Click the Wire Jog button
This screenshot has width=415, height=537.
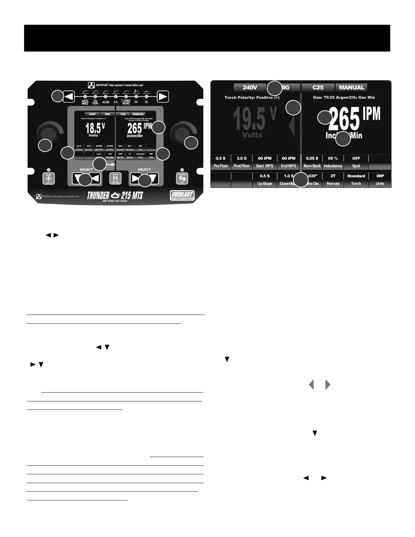pyautogui.click(x=48, y=178)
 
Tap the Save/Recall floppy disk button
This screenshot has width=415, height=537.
pyautogui.click(x=115, y=178)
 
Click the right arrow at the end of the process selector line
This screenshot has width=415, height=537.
pyautogui.click(x=163, y=97)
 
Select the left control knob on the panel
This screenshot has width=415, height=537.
pyautogui.click(x=47, y=134)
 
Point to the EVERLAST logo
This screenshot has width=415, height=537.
pyautogui.click(x=182, y=196)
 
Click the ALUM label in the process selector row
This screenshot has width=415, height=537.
pyautogui.click(x=106, y=102)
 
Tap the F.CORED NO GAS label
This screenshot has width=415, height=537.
pyautogui.click(x=126, y=102)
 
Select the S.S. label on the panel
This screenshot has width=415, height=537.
pyautogui.click(x=116, y=102)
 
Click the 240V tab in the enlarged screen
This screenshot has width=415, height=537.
pyautogui.click(x=250, y=87)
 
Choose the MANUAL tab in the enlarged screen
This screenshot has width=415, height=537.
pyautogui.click(x=351, y=87)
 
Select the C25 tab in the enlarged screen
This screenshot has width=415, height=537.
pyautogui.click(x=318, y=87)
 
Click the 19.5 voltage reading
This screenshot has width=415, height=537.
pyautogui.click(x=249, y=119)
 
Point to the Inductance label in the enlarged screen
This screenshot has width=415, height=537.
pyautogui.click(x=333, y=166)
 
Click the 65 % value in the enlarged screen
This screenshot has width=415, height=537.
pyautogui.click(x=333, y=158)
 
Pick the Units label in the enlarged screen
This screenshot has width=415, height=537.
pyautogui.click(x=380, y=184)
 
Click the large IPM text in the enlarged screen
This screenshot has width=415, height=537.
pyautogui.click(x=372, y=114)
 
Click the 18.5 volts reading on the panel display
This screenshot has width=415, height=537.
pyautogui.click(x=92, y=128)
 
